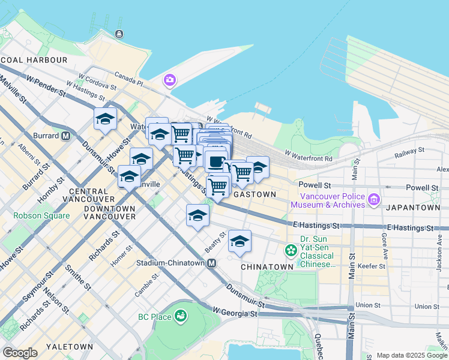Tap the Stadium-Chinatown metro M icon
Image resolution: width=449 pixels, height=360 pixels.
[x=211, y=263]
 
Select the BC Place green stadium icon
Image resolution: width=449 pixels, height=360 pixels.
[x=179, y=316]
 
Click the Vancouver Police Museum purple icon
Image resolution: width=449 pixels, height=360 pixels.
[x=373, y=199]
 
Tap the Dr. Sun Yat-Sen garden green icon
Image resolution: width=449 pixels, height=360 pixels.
[x=291, y=250]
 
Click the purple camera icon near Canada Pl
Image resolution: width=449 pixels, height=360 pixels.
[x=170, y=80]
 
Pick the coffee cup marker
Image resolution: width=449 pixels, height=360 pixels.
[x=216, y=161]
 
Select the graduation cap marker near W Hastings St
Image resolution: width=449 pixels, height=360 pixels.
[x=105, y=119]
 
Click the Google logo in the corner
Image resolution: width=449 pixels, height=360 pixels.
[x=20, y=353]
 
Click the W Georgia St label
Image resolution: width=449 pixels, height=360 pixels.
[x=235, y=313]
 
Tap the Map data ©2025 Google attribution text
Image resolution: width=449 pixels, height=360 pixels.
[x=412, y=355]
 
